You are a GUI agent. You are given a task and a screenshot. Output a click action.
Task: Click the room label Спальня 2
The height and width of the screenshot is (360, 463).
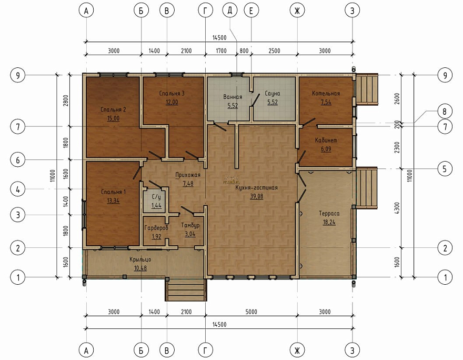tap(113, 109)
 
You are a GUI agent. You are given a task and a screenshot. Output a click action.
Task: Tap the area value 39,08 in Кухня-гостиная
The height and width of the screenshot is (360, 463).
tap(256, 196)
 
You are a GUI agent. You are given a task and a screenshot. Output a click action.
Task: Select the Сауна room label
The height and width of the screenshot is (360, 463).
tap(272, 93)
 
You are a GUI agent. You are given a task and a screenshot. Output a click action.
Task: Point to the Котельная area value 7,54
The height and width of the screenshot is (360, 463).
tap(326, 102)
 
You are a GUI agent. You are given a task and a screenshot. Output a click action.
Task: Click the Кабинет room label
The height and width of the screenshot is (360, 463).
tap(326, 141)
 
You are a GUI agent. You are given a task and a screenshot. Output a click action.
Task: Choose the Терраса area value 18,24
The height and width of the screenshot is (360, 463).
tap(329, 222)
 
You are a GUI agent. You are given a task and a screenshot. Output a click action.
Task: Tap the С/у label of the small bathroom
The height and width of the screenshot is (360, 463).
tap(156, 197)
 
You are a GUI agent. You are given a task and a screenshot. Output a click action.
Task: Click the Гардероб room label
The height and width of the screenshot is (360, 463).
tap(156, 228)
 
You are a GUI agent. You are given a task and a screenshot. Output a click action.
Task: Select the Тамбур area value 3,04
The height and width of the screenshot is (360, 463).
tap(190, 234)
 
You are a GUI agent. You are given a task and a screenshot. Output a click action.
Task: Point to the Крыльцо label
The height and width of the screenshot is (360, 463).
tap(140, 259)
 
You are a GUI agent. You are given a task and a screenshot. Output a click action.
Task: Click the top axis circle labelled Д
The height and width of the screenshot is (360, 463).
tap(230, 11)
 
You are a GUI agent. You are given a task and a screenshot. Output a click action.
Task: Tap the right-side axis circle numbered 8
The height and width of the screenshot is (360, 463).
tap(445, 112)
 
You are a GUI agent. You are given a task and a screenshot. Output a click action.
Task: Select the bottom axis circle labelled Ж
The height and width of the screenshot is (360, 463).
tap(297, 350)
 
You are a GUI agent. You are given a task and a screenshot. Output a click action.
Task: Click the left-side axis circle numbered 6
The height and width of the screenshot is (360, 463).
tap(18, 160)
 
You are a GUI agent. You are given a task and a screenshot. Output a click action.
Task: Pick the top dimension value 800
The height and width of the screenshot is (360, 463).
tap(244, 51)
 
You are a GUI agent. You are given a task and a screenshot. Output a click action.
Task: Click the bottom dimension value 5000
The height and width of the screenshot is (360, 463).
tap(251, 312)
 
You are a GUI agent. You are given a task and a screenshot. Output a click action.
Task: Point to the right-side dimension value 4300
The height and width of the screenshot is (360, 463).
tap(397, 208)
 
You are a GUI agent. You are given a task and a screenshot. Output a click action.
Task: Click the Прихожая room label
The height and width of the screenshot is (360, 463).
tap(188, 175)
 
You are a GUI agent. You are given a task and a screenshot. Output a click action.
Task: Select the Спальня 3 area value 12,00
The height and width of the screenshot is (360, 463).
tap(172, 102)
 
